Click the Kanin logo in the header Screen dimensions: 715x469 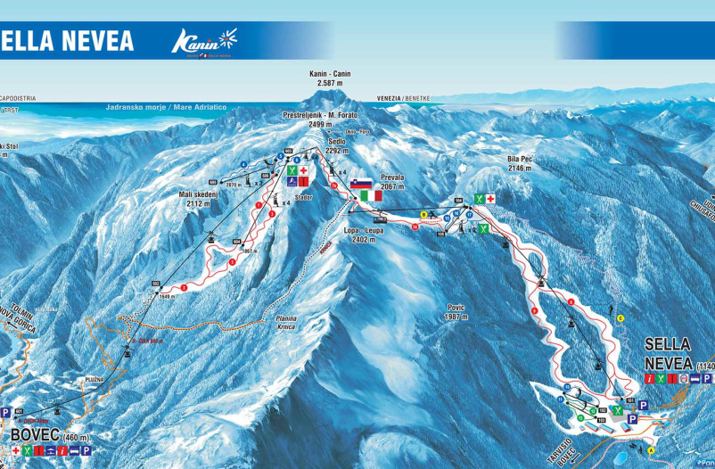point(204,41)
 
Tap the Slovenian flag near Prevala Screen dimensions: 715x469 point(360,184)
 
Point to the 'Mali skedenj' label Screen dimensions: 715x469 point(199,199)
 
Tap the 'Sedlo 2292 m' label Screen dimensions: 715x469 point(336,146)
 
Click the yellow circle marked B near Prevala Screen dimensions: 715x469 point(423,214)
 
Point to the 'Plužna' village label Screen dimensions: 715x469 point(95,379)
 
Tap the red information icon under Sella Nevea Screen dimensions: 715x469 point(649,379)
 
